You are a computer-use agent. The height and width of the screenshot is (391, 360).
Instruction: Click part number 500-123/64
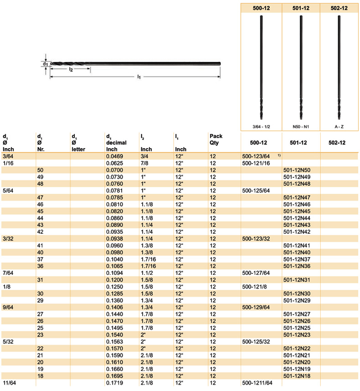[x=256, y=156]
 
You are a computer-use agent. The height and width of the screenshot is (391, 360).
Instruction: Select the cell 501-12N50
[x=297, y=170]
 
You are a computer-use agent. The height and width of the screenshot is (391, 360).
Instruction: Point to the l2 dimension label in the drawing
[x=71, y=70]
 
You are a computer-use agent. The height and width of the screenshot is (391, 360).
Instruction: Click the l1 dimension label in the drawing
[x=139, y=77]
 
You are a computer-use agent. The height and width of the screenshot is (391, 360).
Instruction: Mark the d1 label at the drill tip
[x=45, y=64]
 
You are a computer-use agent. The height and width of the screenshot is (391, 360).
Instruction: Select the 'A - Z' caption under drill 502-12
[x=339, y=125]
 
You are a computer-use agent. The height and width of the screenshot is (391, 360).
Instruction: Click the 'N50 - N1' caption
[x=301, y=125]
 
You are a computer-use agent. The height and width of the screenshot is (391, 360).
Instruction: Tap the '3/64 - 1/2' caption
[x=262, y=125]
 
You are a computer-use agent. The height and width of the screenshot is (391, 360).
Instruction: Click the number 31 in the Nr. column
[x=40, y=280]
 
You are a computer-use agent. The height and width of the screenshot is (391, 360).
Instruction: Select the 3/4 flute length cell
[x=144, y=156]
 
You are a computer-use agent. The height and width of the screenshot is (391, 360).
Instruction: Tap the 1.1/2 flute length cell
[x=147, y=273]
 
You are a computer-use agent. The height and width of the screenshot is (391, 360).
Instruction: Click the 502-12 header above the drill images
[x=339, y=7]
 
